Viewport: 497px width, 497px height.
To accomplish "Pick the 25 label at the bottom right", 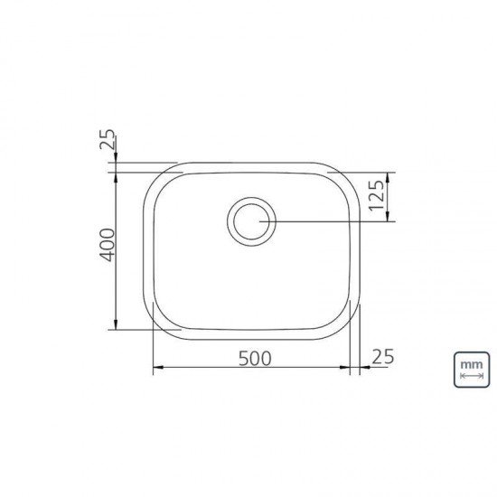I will point(383,357).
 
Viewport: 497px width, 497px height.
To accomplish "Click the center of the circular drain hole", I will point(248,220).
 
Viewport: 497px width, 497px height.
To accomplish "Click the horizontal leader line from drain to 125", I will point(325,221).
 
